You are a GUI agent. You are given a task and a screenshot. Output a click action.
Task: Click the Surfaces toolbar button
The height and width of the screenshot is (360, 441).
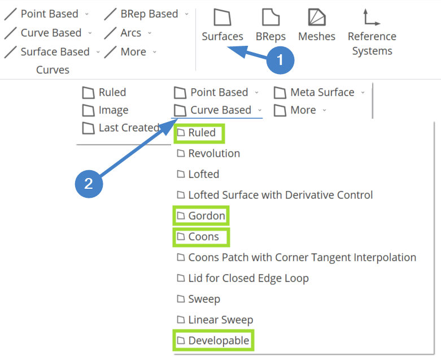coord(222,25)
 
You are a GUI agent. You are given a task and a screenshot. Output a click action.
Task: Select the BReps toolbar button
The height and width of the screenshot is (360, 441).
coord(270,25)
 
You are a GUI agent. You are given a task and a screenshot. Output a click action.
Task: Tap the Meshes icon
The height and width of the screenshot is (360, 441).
coord(317,18)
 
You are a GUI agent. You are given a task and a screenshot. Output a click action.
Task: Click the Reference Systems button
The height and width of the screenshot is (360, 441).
coord(372,32)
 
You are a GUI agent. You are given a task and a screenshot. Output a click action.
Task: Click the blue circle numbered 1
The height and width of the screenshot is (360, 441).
coord(280,60)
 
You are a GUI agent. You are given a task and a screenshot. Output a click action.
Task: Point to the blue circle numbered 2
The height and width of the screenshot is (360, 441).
coord(89,184)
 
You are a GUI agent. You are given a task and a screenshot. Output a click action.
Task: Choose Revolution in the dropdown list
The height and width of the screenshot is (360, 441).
coord(208,153)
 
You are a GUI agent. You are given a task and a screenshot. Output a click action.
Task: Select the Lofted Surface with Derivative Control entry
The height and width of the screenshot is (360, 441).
coord(274,195)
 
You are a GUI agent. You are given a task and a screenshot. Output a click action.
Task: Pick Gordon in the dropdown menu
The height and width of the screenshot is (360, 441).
coord(201,216)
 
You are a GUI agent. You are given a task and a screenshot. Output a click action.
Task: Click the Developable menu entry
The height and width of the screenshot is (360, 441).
coord(213,341)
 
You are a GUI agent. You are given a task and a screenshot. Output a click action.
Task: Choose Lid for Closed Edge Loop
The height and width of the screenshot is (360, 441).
coord(243,278)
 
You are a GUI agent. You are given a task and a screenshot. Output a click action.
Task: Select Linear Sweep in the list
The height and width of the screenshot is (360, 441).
coord(215,320)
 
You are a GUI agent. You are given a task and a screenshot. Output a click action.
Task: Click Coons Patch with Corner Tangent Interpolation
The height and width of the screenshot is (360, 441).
coord(296,257)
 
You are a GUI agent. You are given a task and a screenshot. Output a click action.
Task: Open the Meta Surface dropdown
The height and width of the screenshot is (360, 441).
coord(320,92)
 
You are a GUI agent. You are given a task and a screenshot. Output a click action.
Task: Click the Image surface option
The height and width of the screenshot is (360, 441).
coord(105,110)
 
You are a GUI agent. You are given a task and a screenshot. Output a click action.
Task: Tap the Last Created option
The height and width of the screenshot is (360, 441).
coord(121,128)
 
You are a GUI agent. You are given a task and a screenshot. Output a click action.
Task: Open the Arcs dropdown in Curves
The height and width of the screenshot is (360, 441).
coord(128,33)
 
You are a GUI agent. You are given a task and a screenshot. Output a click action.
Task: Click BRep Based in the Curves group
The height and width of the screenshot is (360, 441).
coord(146,14)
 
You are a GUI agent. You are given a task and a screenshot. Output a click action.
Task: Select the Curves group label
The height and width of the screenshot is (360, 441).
coord(53,70)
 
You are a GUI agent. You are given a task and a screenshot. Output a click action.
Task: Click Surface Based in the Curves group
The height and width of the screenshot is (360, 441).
coord(52,52)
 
